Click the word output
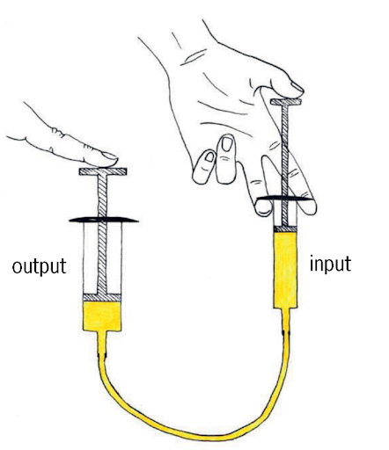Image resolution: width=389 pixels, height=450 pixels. [39, 266]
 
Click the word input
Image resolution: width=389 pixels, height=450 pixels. [330, 264]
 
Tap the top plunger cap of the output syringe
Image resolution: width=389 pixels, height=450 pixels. [103, 171]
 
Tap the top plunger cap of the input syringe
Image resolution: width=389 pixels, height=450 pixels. [286, 102]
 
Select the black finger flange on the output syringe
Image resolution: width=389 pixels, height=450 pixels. [104, 220]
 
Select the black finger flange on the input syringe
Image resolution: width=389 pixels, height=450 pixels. [284, 199]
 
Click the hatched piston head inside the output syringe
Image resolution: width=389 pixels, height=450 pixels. [102, 297]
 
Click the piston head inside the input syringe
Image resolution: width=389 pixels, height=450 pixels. [285, 229]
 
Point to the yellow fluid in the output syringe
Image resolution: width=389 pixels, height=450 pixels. [102, 316]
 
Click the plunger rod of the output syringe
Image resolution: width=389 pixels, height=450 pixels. [102, 235]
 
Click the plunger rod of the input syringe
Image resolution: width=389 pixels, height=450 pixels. [285, 165]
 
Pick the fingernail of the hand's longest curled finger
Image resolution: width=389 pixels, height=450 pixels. [227, 144]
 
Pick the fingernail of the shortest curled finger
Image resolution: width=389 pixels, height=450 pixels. [209, 157]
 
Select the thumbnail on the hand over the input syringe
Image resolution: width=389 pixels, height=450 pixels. [297, 86]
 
